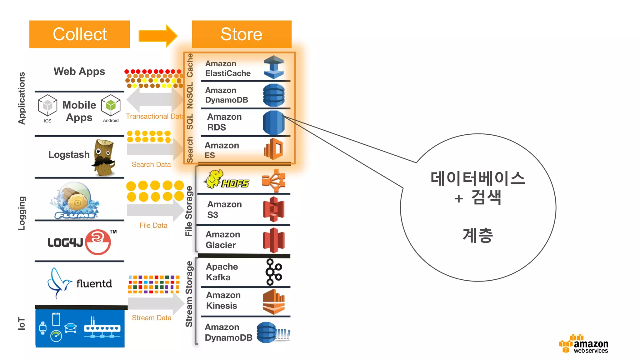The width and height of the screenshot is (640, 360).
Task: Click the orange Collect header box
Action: pos(79,34)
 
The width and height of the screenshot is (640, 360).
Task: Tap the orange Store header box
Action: pos(242,34)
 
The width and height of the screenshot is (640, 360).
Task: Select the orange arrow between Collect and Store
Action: pos(158,36)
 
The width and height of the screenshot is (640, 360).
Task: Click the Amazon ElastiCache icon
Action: pos(274,67)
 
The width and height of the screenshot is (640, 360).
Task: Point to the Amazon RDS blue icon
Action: pos(274,122)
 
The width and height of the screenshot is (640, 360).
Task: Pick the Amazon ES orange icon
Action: pos(274,149)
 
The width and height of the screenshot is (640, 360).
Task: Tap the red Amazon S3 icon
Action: pos(274,209)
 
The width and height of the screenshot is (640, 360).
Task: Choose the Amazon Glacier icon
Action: pos(274,240)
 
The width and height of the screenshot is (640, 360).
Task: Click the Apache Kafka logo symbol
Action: pos(274,272)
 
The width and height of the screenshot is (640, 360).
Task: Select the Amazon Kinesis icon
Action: pos(274,302)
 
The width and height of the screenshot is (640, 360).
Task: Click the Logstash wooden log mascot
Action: pos(104,157)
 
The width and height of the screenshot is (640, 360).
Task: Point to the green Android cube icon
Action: pos(111,106)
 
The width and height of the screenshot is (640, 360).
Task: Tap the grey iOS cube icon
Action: pos(47,106)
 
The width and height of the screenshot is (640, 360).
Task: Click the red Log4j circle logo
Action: pos(98,242)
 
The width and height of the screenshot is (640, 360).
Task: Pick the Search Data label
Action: pos(151,164)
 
